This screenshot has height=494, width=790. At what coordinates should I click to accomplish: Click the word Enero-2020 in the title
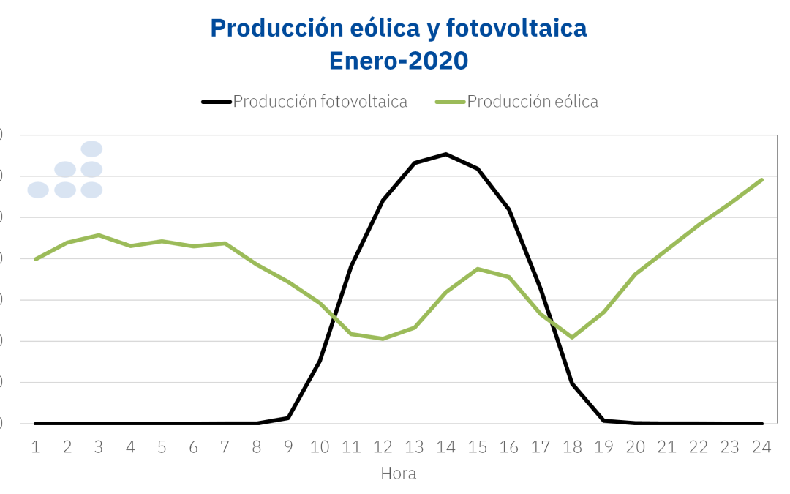(399, 60)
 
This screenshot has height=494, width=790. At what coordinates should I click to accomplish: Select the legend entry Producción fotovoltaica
(320, 102)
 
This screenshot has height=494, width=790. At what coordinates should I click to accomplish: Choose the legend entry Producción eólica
(533, 102)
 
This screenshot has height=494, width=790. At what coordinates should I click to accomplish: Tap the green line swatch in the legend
(450, 102)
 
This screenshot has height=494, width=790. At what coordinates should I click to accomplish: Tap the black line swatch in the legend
(217, 102)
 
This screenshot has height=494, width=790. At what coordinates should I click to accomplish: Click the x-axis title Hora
(399, 474)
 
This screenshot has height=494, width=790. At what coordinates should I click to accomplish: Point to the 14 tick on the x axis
(445, 446)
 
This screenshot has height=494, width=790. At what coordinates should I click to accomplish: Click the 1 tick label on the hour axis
(35, 446)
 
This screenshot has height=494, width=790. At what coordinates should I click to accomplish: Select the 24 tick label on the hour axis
(761, 446)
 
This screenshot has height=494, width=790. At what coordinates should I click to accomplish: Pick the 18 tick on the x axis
(572, 446)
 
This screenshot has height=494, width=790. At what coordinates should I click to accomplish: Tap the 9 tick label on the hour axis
(288, 446)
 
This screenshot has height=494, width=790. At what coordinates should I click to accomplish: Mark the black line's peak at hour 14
(445, 154)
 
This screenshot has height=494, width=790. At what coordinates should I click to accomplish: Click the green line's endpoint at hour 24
(762, 179)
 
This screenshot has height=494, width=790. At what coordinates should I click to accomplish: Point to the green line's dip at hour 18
(572, 337)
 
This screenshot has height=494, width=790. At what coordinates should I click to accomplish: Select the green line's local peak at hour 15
(478, 269)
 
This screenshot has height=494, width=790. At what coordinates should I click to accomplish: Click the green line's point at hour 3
(99, 235)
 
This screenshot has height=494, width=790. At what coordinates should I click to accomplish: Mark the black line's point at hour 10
(320, 361)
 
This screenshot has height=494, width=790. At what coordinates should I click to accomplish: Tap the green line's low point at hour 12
(383, 339)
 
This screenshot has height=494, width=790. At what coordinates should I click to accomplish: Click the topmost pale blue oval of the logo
(91, 149)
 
